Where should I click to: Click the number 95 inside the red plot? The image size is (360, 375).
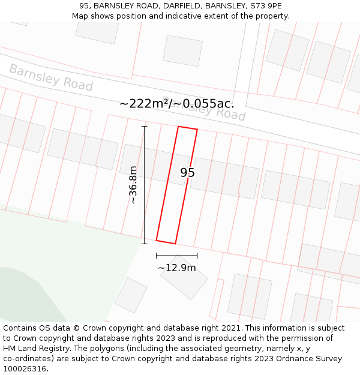[188, 173]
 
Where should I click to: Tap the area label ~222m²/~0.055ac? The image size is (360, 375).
[176, 103]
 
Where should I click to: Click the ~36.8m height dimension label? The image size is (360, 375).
[133, 185]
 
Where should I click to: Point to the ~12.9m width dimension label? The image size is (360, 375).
[176, 268]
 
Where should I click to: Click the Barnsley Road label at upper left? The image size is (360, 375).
[51, 78]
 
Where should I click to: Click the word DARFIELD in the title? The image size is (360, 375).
[184, 6]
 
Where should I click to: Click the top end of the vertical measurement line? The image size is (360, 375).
[144, 127]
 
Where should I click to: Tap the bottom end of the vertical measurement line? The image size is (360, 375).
[144, 244]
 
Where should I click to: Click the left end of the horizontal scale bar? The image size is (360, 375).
[156, 256]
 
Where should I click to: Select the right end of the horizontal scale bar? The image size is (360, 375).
[197, 256]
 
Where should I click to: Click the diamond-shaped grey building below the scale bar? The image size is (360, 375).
[184, 277]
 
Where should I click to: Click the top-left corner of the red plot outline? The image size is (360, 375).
[179, 127]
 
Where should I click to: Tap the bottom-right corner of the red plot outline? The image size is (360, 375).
[175, 244]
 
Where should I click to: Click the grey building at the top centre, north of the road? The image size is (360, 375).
[182, 50]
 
